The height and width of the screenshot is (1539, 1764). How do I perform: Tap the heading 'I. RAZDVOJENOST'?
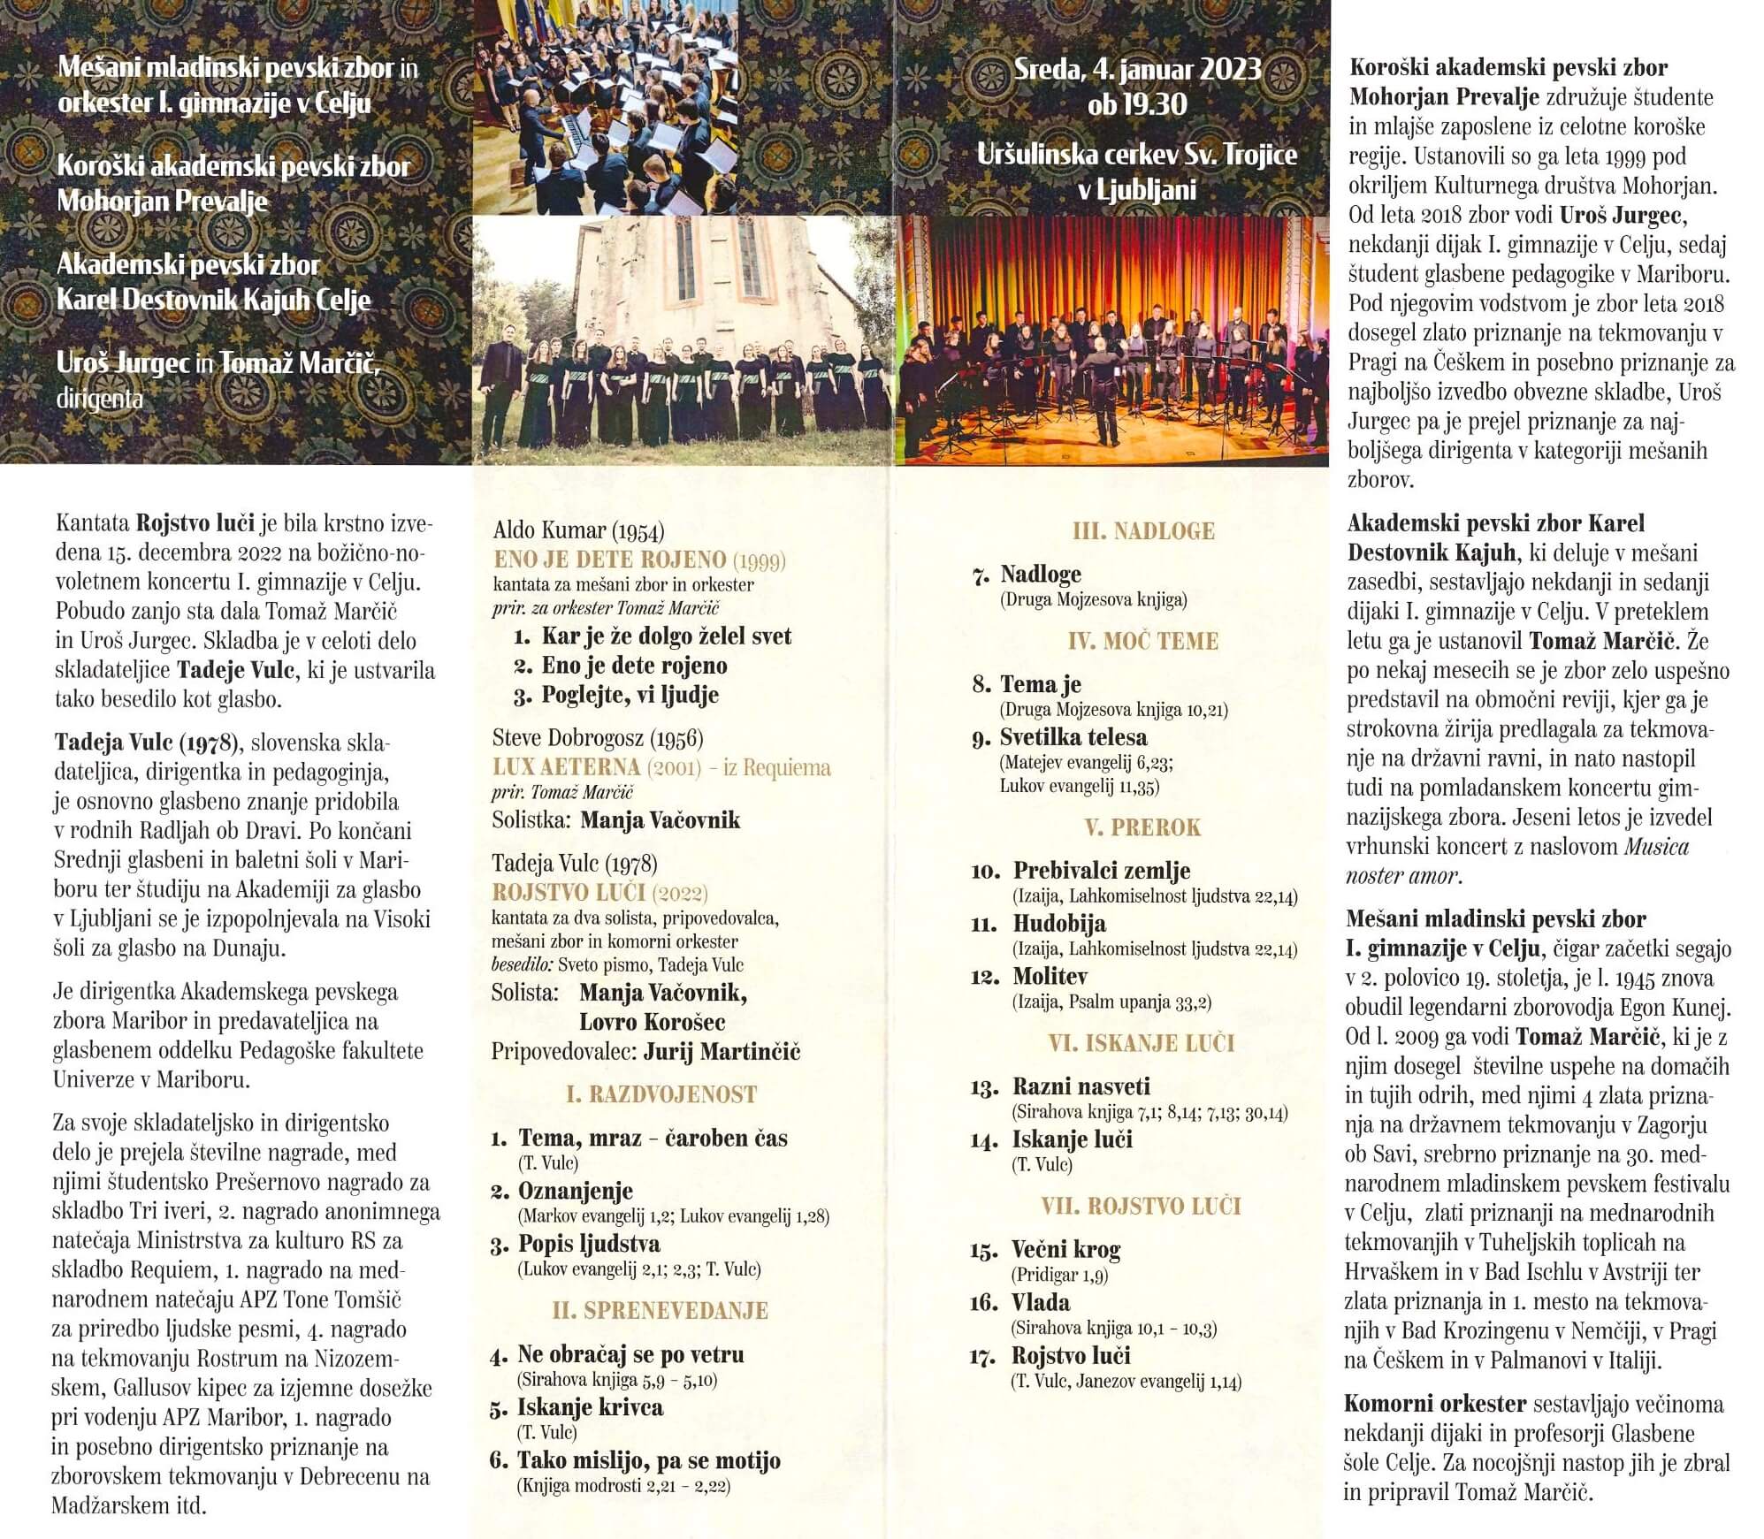point(661,1094)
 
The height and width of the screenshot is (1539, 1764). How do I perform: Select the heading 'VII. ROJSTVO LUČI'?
point(1141,1206)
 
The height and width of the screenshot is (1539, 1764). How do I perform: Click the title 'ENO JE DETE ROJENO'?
point(609,560)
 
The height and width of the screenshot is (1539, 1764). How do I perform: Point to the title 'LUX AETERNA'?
point(566,766)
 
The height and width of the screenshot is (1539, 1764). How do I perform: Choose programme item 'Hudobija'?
point(1059,924)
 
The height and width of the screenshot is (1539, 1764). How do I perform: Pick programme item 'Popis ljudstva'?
point(589,1244)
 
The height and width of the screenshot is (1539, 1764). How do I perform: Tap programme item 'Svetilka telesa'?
point(1073,737)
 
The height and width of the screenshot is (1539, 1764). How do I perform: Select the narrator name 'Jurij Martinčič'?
point(722,1051)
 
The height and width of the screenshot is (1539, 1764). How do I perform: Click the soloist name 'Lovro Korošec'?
point(652,1022)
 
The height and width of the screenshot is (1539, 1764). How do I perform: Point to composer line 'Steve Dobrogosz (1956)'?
point(598,737)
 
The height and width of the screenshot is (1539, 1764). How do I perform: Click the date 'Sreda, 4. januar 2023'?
point(1137,69)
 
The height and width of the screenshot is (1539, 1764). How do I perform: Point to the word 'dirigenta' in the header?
point(100,399)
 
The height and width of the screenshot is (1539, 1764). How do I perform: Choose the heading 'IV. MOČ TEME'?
point(1142,641)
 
